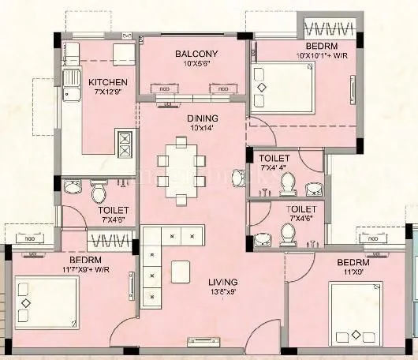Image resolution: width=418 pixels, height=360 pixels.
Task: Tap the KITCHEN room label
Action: point(107,82)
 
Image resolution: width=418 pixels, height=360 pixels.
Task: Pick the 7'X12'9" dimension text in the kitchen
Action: point(107,92)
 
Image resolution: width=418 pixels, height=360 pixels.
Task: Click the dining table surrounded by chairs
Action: point(181,171)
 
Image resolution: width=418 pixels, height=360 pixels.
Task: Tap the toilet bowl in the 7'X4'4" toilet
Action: point(288,184)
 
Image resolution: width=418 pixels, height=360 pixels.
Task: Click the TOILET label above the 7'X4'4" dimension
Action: point(274,159)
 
